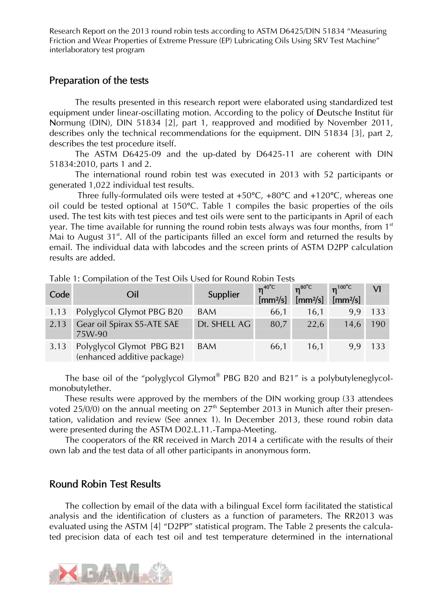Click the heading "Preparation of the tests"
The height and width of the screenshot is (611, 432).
pos(99,80)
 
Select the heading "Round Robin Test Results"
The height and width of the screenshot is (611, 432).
pos(105,484)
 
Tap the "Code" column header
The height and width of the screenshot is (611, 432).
pos(59,295)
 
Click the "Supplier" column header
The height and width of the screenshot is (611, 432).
pos(223,295)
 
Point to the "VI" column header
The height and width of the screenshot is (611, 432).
pos(377,290)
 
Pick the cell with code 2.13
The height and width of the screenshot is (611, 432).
pos(58,324)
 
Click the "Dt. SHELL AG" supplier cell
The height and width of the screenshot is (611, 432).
pos(224,324)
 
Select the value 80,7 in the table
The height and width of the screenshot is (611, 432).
pos(278,324)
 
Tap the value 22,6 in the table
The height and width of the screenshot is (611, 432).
pos(315,324)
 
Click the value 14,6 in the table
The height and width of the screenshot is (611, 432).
pos(352,324)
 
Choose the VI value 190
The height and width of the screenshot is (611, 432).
pos(378,324)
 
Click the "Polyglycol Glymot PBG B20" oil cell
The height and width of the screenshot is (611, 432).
pos(129,312)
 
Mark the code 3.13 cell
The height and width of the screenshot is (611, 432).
pos(58,346)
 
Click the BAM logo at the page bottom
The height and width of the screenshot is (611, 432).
pos(111,574)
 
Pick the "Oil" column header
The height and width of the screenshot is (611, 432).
pos(132,295)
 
